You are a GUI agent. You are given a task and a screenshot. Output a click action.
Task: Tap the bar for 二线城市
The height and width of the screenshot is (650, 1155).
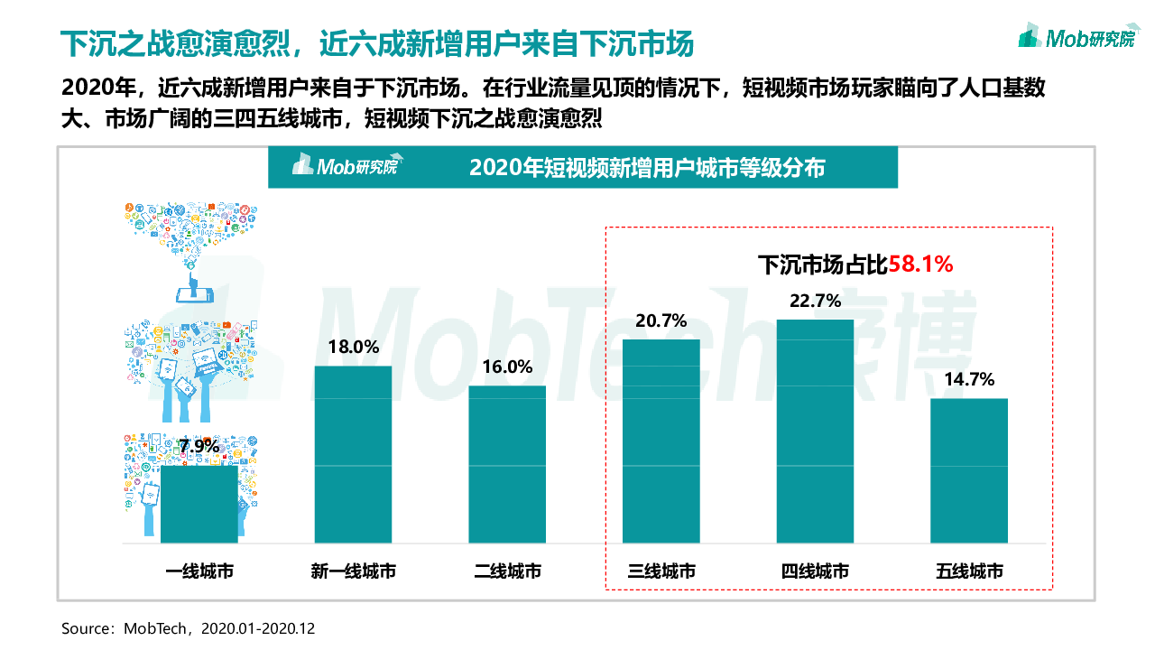[507, 464]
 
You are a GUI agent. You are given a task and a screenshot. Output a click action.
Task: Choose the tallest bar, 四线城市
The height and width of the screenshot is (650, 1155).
[815, 431]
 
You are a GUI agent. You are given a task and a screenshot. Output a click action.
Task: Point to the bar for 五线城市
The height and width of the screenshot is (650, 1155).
[969, 470]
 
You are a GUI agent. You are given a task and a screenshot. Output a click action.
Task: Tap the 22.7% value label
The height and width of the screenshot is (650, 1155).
[815, 301]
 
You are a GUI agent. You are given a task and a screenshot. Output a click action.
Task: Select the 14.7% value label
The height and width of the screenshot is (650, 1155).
[969, 380]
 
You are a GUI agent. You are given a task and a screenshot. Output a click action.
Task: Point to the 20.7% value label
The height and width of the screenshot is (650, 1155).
[661, 320]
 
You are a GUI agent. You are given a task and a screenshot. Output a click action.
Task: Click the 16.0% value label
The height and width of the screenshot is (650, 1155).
[507, 367]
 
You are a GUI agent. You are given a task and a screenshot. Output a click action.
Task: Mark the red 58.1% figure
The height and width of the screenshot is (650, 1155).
[921, 265]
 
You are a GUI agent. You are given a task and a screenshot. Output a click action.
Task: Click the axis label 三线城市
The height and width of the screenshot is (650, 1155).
[661, 571]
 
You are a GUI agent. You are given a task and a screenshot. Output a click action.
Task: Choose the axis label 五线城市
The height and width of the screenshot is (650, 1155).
[969, 571]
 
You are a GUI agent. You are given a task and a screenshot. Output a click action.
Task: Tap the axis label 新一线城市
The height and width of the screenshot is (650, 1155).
[353, 571]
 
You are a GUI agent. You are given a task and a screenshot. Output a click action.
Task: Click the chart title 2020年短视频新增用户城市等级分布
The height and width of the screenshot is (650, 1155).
[647, 168]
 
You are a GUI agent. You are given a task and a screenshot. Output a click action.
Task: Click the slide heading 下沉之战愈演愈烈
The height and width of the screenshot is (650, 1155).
[380, 42]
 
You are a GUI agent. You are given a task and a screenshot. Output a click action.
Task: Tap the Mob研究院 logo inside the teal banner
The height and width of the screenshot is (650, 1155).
[345, 167]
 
